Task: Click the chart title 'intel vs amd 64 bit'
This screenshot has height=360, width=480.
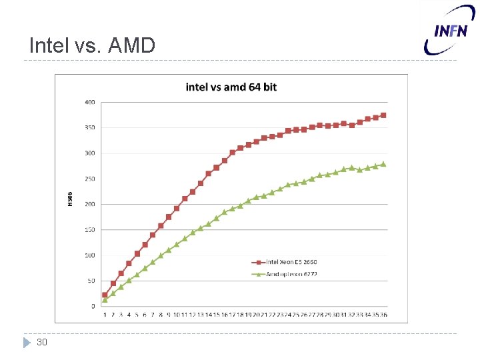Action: click(231, 87)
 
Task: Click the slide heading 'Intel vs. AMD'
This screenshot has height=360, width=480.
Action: click(92, 45)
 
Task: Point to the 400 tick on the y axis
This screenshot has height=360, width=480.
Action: click(89, 102)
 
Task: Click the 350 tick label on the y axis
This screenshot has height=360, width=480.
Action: click(89, 127)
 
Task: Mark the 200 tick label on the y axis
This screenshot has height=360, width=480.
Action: click(89, 204)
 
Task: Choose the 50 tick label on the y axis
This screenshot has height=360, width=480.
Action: click(91, 281)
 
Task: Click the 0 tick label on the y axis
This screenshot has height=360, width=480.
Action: click(93, 306)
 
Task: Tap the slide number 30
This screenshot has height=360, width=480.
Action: click(41, 342)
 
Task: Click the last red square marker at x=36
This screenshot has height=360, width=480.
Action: click(383, 115)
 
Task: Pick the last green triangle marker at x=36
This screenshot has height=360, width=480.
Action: click(383, 164)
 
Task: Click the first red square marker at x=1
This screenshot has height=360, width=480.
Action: click(105, 295)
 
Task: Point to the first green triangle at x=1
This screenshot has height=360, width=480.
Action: click(105, 300)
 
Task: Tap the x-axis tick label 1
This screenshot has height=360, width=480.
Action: click(105, 315)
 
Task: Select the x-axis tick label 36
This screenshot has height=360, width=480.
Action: click(383, 315)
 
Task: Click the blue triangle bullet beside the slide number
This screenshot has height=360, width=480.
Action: click(27, 342)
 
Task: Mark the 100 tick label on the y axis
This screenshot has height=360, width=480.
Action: click(89, 255)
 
